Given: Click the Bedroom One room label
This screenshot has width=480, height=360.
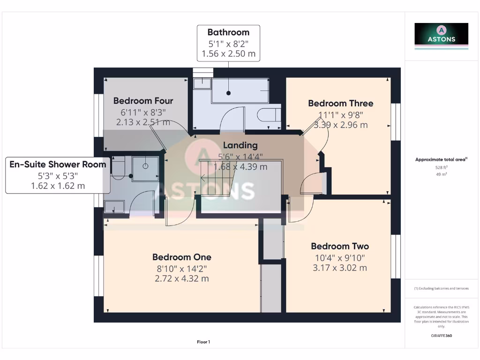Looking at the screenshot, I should [181, 257].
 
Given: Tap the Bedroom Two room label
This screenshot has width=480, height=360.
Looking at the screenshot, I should [339, 246].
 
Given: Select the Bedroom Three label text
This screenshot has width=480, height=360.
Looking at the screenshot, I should [340, 103].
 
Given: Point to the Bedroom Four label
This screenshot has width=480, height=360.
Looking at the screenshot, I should [143, 100].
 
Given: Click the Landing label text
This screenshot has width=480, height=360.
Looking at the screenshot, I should [240, 145].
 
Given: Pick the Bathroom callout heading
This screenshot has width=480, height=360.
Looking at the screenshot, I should [228, 32].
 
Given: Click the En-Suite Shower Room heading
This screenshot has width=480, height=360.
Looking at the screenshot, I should [58, 164].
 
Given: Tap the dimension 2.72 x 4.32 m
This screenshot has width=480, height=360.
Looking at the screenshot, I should [181, 278].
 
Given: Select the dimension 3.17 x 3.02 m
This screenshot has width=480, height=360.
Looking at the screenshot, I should [339, 268].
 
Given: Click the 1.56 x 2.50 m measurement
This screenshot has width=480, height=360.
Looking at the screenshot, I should [228, 54].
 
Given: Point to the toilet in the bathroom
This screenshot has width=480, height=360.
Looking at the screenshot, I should [269, 115].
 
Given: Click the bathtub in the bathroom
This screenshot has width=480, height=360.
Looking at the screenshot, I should [239, 90].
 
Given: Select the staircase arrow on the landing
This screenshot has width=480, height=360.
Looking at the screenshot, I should [204, 178].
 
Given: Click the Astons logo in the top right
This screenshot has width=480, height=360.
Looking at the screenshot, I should [441, 36].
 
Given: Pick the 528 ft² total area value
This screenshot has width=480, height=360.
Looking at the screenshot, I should [441, 167].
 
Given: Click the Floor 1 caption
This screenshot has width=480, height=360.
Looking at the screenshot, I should [203, 342].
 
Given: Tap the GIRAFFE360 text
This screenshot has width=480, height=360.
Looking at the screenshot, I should [441, 336].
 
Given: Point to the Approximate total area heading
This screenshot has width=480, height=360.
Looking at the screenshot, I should [441, 160].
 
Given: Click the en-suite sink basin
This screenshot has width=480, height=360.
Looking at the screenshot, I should [114, 206].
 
